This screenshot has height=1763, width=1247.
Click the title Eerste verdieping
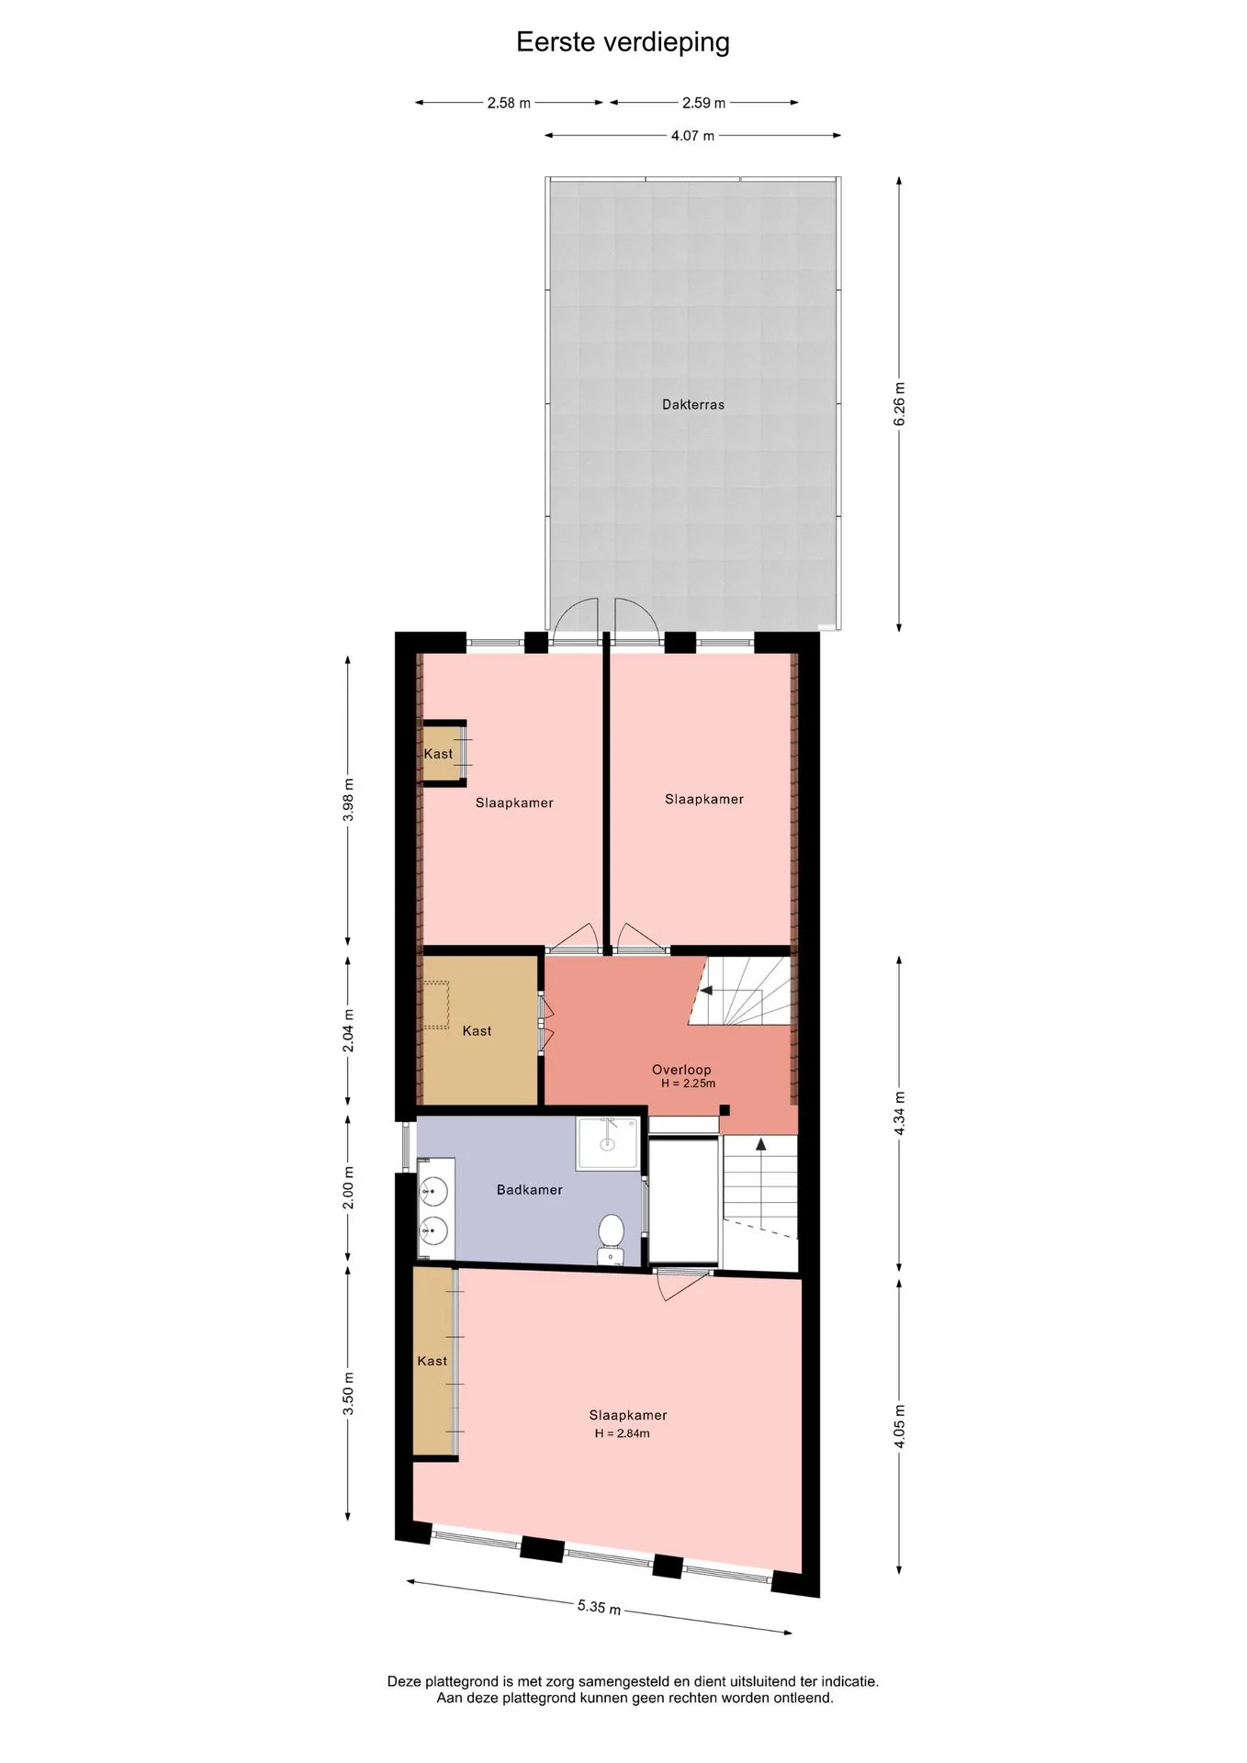click(623, 43)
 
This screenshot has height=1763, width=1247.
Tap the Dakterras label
click(693, 404)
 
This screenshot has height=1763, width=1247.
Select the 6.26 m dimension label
click(900, 403)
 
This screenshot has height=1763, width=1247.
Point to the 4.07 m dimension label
click(692, 136)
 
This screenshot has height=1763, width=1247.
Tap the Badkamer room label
click(530, 1190)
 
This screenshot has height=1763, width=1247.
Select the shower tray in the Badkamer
click(607, 1143)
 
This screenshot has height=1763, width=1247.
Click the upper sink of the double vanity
click(433, 1192)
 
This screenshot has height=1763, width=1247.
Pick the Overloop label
click(681, 1070)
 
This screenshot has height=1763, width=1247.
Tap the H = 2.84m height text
click(622, 1433)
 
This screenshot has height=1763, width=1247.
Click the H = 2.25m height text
click(688, 1084)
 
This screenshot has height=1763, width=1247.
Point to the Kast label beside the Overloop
click(477, 1031)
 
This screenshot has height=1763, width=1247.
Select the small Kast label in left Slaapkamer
click(438, 754)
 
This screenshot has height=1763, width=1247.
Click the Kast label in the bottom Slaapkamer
click(432, 1361)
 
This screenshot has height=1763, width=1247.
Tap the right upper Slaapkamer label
click(704, 799)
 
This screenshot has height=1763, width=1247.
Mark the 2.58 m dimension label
click(509, 103)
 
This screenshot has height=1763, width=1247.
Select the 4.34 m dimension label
click(900, 1113)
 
